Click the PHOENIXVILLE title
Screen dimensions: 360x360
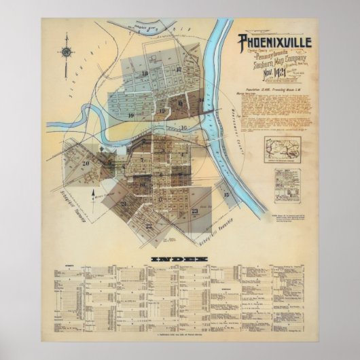coord(274,43)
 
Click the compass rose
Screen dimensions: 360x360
coord(67,52)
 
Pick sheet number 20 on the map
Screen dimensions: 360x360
coord(86,163)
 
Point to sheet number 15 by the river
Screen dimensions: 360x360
coord(227,194)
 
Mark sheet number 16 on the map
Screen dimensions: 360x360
coord(183,127)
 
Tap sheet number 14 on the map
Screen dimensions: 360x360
coord(202,101)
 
